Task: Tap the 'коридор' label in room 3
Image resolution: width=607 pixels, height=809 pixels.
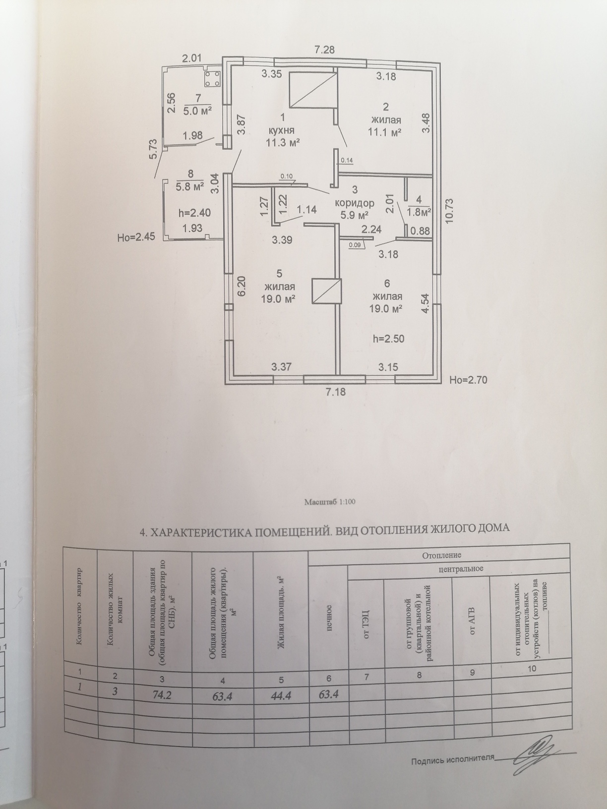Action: [x=354, y=203]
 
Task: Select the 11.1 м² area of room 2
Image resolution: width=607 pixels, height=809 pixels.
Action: [x=384, y=132]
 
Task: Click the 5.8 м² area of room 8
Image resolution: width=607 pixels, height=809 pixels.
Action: [x=190, y=187]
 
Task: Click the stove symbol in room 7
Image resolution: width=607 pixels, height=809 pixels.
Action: [x=213, y=78]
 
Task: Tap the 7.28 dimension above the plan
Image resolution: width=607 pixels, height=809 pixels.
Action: [x=325, y=50]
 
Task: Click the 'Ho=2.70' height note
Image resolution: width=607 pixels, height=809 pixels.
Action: [x=469, y=380]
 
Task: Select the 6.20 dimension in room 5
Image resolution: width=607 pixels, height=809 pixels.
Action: [x=242, y=287]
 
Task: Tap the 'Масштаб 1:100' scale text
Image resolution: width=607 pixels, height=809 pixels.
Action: [x=330, y=502]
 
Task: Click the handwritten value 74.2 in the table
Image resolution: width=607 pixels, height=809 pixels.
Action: [x=162, y=695]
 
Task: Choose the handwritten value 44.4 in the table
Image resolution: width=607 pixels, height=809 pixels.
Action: [x=281, y=696]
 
